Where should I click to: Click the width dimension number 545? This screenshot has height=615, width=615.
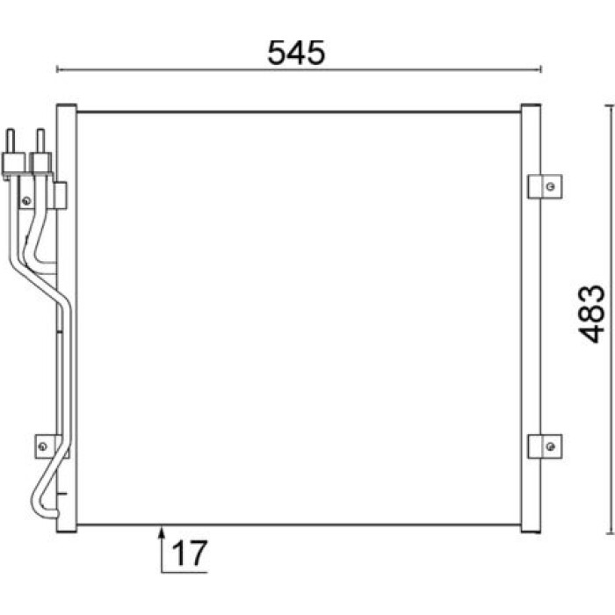pyautogui.click(x=296, y=53)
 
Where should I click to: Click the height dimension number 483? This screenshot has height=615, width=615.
pyautogui.click(x=592, y=314)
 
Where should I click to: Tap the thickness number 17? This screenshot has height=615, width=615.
pyautogui.click(x=189, y=553)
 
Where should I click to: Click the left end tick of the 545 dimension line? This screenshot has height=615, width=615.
pyautogui.click(x=57, y=69)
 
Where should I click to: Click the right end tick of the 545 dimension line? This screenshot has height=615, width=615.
pyautogui.click(x=541, y=69)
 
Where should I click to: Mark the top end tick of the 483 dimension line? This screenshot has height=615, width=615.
pyautogui.click(x=610, y=105)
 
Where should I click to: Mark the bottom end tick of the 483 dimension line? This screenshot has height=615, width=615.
pyautogui.click(x=610, y=533)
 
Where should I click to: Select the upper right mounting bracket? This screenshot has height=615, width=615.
pyautogui.click(x=545, y=186)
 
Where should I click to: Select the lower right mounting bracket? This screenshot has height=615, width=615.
pyautogui.click(x=545, y=446)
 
